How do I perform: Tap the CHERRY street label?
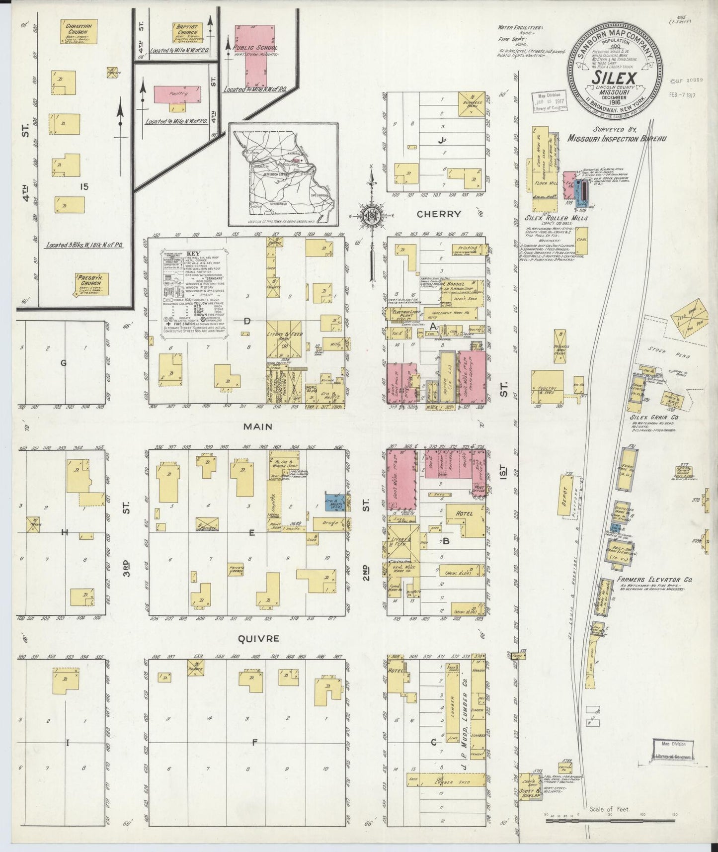click(439, 214)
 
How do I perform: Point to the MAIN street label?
click(257, 426)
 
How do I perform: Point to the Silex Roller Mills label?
click(557, 218)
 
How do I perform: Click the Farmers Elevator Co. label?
click(654, 580)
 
